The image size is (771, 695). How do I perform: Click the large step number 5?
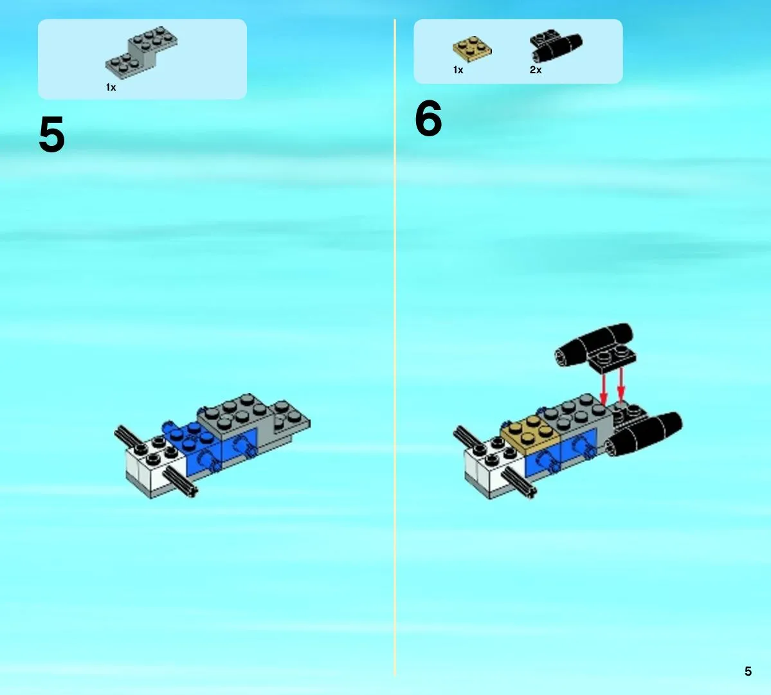(51, 134)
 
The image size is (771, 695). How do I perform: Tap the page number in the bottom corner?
(748, 671)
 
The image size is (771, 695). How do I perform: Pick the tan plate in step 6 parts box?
(472, 49)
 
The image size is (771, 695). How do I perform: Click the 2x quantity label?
(536, 70)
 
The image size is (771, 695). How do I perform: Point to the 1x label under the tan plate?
(458, 70)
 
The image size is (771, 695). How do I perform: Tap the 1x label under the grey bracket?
(111, 87)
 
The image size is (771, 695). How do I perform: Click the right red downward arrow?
(621, 385)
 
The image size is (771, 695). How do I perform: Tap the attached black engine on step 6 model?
(645, 434)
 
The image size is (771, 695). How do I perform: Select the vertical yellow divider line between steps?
(394, 347)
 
